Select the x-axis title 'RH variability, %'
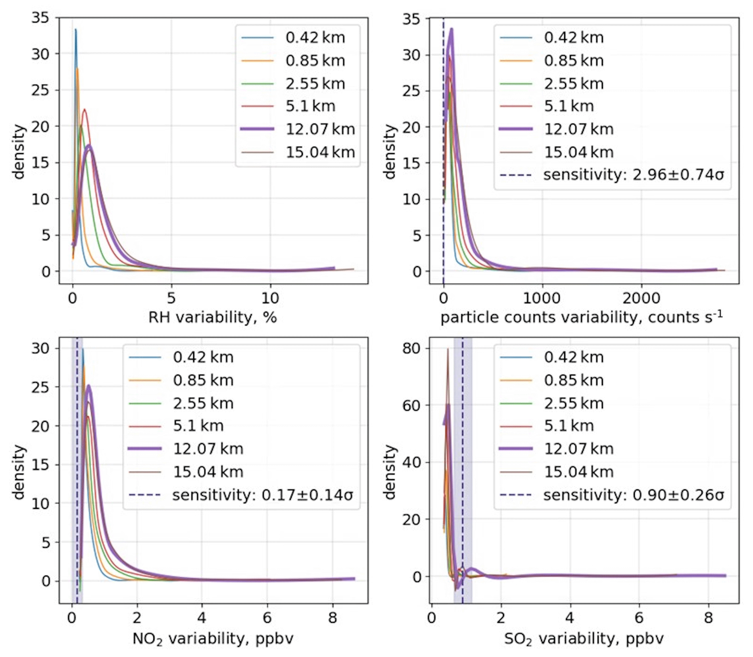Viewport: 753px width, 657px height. (213, 317)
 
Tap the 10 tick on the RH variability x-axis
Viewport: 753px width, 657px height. (270, 298)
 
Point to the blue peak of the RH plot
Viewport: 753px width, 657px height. (75, 30)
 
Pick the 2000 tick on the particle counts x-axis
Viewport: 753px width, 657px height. (641, 298)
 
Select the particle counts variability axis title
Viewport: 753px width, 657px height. (581, 317)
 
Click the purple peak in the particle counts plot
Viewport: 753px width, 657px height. (452, 29)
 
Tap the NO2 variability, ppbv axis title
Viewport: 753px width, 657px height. (213, 639)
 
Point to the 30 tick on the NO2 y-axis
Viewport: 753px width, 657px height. (40, 348)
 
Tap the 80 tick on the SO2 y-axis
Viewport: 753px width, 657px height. (411, 348)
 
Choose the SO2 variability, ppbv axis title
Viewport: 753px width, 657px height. (584, 639)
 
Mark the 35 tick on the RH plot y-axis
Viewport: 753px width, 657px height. (40, 18)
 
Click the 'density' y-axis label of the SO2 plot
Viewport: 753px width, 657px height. (390, 471)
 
